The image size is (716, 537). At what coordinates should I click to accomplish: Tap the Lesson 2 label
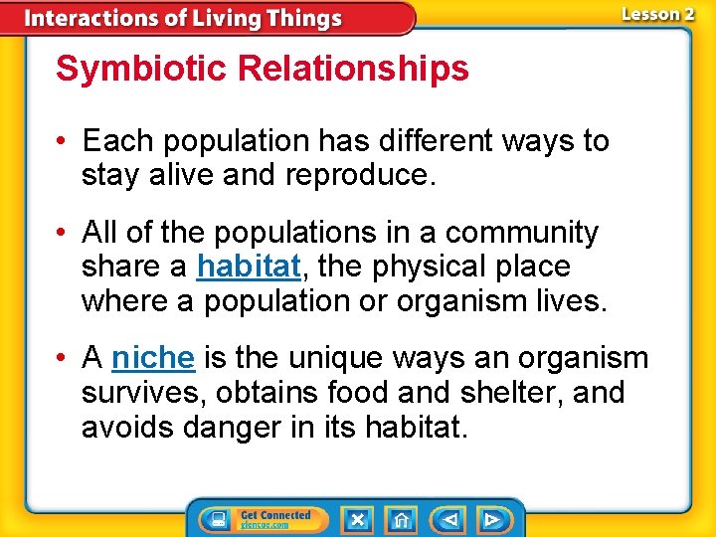657,14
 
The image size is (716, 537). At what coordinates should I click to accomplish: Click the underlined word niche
152,358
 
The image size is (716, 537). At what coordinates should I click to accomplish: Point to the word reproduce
360,175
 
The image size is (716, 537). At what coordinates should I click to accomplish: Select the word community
522,233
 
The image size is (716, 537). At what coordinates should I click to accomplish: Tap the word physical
423,267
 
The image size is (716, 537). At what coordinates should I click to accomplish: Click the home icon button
400,519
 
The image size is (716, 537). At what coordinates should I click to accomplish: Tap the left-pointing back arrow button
449,519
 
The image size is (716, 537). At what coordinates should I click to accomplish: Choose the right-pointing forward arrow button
491,519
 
